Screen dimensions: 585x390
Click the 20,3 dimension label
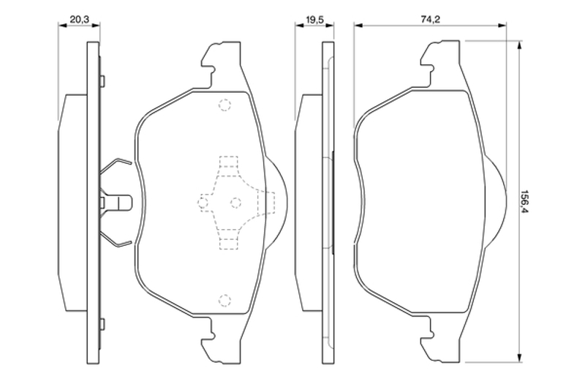click(x=80, y=20)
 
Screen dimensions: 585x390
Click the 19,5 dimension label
click(x=314, y=20)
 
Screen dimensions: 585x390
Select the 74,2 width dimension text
click(x=431, y=20)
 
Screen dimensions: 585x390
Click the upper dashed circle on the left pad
click(x=224, y=105)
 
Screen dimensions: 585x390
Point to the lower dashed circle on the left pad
click(x=224, y=300)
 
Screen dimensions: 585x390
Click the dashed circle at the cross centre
click(x=235, y=203)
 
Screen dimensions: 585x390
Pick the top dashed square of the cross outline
click(x=228, y=161)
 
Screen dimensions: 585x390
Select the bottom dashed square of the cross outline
click(x=228, y=244)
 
